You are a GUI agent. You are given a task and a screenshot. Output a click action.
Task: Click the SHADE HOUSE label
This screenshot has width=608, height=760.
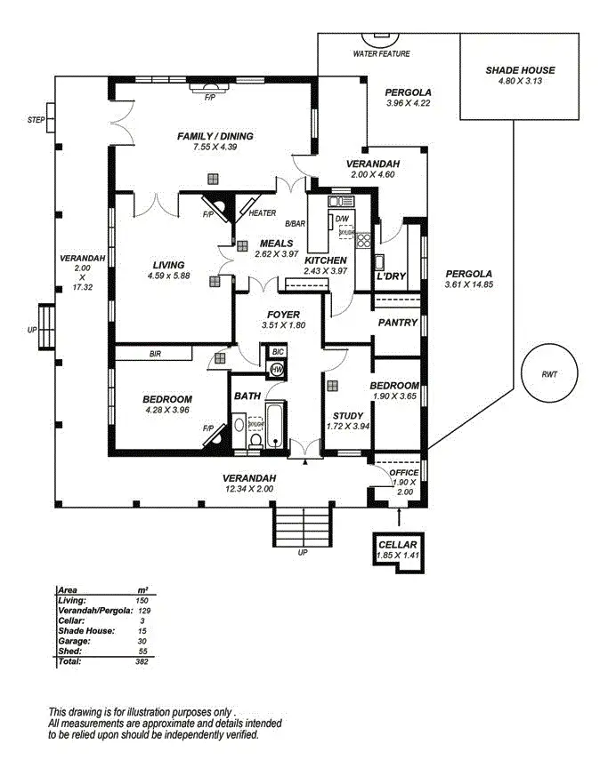click(520, 70)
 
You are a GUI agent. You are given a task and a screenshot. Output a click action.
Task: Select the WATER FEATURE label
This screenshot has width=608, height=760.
click(381, 54)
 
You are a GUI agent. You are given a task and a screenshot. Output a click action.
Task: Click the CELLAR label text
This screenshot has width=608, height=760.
click(397, 545)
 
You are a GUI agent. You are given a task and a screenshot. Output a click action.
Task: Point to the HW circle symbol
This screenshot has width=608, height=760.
click(277, 370)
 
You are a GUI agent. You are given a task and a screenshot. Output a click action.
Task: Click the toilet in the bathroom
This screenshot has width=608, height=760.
click(255, 440)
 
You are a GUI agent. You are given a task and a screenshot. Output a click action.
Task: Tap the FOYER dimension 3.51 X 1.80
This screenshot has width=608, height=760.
click(283, 325)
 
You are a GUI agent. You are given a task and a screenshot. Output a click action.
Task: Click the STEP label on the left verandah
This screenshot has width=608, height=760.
click(36, 120)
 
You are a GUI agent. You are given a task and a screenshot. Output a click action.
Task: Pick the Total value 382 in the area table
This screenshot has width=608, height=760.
click(142, 661)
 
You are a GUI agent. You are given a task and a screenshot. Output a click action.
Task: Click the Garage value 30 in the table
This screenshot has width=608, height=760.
click(142, 641)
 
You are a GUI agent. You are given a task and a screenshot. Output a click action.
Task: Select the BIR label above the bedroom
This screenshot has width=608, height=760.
click(155, 355)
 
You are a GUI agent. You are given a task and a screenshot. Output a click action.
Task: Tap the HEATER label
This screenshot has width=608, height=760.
click(263, 213)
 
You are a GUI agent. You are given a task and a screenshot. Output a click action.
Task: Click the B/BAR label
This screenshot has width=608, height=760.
click(295, 224)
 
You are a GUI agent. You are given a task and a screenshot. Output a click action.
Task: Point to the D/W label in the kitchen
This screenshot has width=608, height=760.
click(342, 219)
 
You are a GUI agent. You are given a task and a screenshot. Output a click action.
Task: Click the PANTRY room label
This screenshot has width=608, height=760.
click(398, 323)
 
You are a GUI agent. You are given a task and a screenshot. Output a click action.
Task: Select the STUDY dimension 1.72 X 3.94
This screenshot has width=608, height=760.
click(348, 427)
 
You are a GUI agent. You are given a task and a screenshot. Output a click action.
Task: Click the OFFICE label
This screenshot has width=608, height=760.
click(404, 473)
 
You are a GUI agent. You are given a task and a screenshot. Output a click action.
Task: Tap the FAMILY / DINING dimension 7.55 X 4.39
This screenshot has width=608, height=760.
click(215, 148)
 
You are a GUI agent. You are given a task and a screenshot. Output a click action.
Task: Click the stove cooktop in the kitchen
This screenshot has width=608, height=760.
click(364, 240)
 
